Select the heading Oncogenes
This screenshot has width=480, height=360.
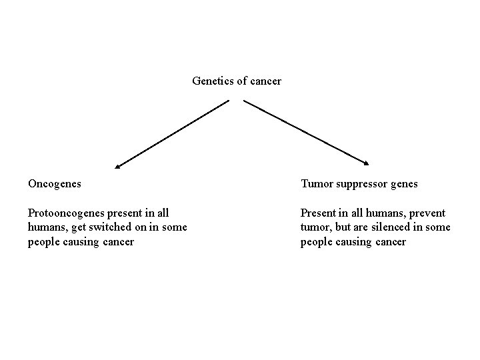pos(55,183)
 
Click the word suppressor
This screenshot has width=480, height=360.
pos(361,183)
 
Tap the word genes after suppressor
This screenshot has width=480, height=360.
pos(403,183)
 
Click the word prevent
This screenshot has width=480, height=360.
pos(427,213)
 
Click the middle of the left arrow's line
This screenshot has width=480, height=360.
pos(172,133)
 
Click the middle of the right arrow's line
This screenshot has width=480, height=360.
pos(306,131)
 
